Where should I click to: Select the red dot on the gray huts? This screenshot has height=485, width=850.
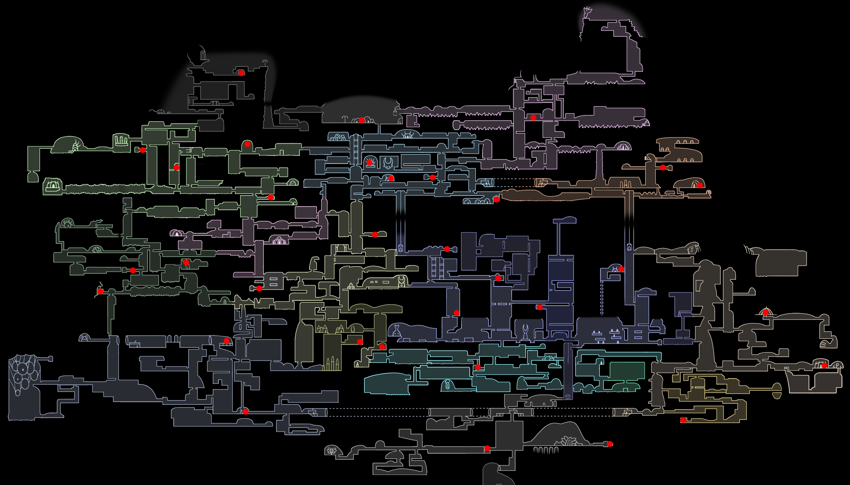(362, 120)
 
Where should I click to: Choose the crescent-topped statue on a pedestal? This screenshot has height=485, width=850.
(525, 331)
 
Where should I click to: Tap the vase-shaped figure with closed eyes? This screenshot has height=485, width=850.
(396, 331)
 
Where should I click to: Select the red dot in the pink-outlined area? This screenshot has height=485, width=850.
(533, 117)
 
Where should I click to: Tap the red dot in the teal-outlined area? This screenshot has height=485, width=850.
(478, 367)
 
